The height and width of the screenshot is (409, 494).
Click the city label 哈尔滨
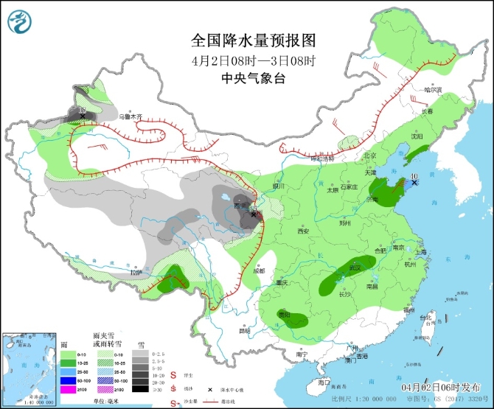pos(432,90)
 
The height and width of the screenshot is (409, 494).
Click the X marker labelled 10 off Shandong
pos(414,182)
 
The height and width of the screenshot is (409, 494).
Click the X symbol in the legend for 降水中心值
pos(210,389)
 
